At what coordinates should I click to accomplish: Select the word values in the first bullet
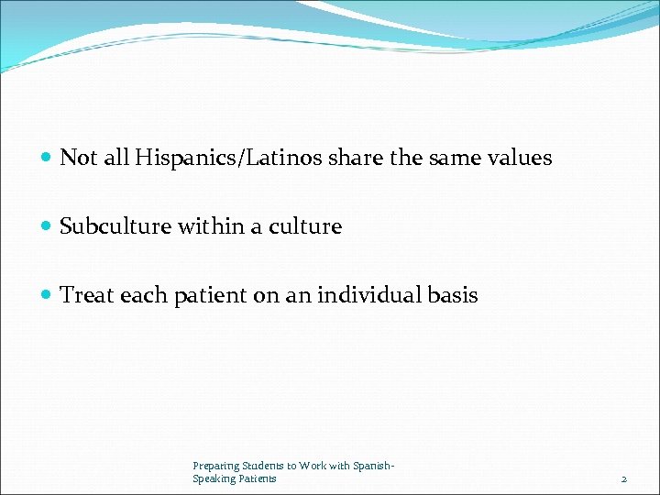pyautogui.click(x=520, y=158)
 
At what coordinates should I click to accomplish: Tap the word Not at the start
pyautogui.click(x=79, y=158)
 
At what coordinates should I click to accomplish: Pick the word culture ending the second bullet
pyautogui.click(x=304, y=226)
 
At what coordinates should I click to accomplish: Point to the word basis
pyautogui.click(x=453, y=295)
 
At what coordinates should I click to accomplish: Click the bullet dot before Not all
pyautogui.click(x=47, y=159)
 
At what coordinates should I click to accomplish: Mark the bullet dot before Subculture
pyautogui.click(x=47, y=227)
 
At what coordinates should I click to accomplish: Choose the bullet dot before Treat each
pyautogui.click(x=47, y=296)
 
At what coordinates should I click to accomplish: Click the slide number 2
pyautogui.click(x=623, y=479)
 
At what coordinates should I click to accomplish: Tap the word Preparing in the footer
pyautogui.click(x=214, y=467)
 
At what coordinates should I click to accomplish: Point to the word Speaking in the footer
pyautogui.click(x=209, y=478)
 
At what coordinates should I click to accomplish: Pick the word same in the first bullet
pyautogui.click(x=446, y=158)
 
